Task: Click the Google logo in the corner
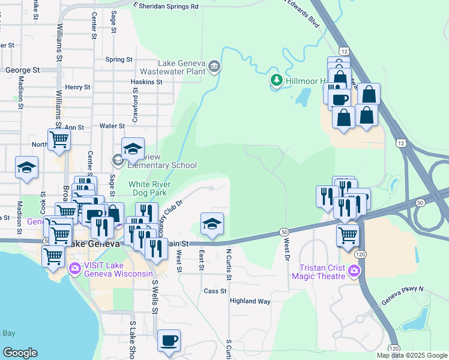pos(19,353)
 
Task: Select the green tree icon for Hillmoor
pos(276,80)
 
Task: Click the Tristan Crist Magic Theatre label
pos(318,271)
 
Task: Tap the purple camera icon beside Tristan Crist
pos(354,271)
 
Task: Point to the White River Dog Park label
pos(149,188)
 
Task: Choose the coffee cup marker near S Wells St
pos(168,340)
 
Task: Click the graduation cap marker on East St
pos(211,224)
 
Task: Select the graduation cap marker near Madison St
pos(26,167)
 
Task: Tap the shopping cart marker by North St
pos(59,139)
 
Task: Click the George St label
pos(22,70)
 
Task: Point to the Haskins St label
pos(147,82)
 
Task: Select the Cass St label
pos(214,291)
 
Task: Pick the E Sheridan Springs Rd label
pos(166,6)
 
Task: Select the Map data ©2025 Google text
pos(411,355)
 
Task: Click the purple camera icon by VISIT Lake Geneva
pos(76,268)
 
